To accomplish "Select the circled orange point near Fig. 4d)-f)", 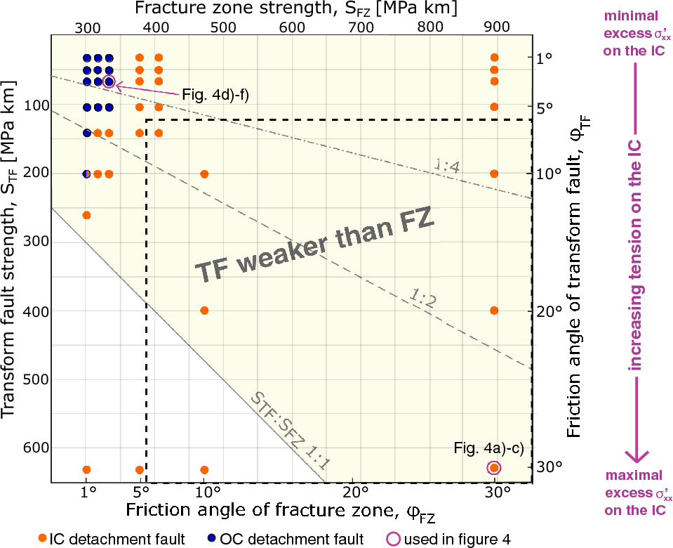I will pyautogui.click(x=109, y=81).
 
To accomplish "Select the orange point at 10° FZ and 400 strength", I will pyautogui.click(x=204, y=311).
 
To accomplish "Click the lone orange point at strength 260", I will pyautogui.click(x=87, y=215).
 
